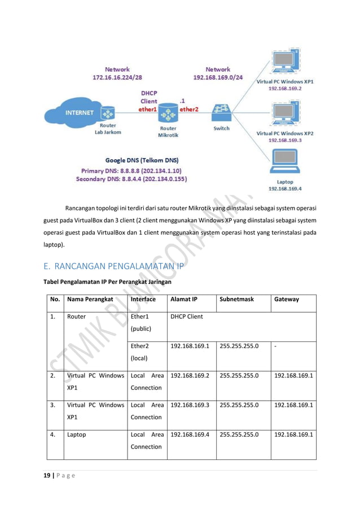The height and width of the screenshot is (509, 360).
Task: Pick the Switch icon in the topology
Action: pyautogui.click(x=221, y=111)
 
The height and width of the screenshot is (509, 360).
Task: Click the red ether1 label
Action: pyautogui.click(x=148, y=109)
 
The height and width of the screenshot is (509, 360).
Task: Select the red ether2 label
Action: pyautogui.click(x=189, y=109)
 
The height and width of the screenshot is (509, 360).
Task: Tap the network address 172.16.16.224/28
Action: pyautogui.click(x=118, y=77)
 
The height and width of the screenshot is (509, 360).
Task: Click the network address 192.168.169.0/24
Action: pyautogui.click(x=218, y=77)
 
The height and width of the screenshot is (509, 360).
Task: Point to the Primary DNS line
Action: pyautogui.click(x=131, y=170)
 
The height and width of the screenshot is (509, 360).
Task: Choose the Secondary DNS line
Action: pyautogui.click(x=131, y=179)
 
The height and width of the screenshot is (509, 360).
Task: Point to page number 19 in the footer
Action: pyautogui.click(x=47, y=475)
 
